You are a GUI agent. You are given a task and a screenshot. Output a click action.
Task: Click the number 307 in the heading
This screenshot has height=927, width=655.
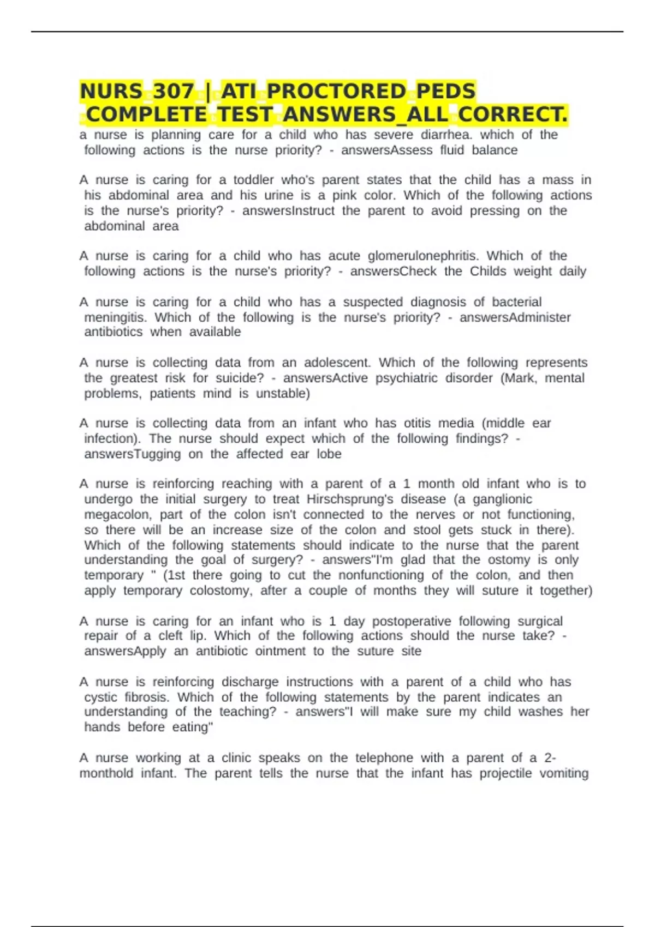(x=174, y=91)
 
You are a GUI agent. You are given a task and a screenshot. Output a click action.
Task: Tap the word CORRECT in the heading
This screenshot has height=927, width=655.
(x=513, y=115)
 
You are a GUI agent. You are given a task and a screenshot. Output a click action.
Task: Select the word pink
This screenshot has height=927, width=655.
(x=344, y=195)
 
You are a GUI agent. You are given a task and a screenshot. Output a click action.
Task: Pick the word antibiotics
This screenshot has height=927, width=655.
(x=113, y=332)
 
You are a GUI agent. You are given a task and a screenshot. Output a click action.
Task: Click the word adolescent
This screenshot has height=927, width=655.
(x=337, y=363)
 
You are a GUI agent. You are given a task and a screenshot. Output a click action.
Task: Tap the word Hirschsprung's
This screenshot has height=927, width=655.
(x=350, y=499)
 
